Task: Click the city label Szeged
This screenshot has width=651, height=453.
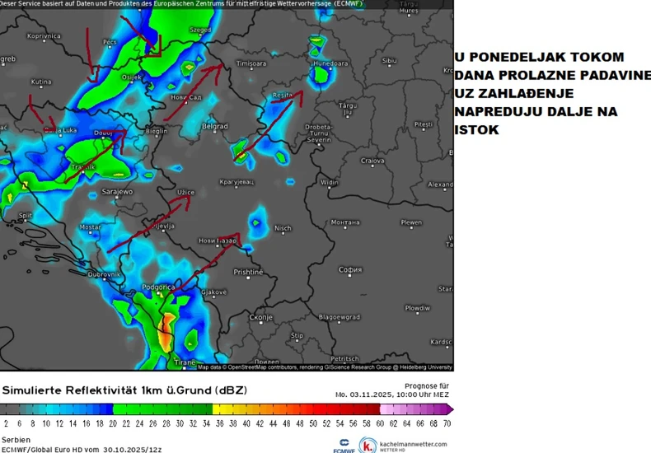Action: [x=199, y=30]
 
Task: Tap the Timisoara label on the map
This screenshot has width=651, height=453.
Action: [x=252, y=63]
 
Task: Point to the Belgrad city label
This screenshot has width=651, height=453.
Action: [x=214, y=126]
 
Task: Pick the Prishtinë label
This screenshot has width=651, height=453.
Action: [x=247, y=272]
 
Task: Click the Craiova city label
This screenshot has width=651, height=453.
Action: [x=372, y=160]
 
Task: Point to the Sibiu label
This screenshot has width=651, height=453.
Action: [x=389, y=60]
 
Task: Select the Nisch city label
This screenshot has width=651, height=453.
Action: [x=283, y=228]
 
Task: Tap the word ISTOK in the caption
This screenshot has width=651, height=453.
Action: [x=476, y=130]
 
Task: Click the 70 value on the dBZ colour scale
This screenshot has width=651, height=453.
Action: [x=446, y=423]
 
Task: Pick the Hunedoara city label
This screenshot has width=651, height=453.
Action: [x=330, y=63]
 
